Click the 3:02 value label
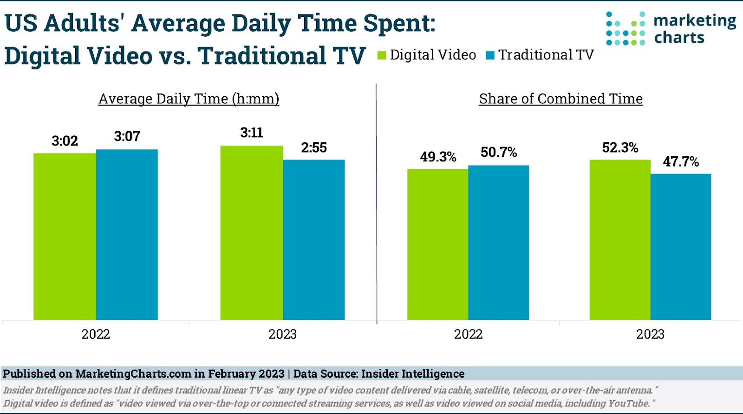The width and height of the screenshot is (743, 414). (x=65, y=141)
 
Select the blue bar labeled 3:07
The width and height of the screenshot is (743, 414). (x=127, y=234)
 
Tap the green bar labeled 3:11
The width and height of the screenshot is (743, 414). (x=251, y=233)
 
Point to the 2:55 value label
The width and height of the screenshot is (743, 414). (x=314, y=148)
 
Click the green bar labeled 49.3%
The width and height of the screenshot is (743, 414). (x=437, y=244)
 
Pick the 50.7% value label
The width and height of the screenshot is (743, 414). (x=499, y=153)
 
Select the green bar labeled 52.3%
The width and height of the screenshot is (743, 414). (x=620, y=240)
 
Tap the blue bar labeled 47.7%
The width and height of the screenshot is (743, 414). (x=681, y=247)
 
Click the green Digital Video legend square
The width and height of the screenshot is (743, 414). (x=382, y=55)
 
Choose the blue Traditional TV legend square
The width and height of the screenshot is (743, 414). (x=490, y=55)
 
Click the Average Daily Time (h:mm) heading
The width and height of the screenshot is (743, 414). (x=189, y=99)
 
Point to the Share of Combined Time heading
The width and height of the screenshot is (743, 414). (x=561, y=99)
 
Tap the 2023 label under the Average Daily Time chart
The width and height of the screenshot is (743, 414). (x=282, y=334)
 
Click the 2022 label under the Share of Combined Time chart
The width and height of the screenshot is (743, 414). (x=468, y=334)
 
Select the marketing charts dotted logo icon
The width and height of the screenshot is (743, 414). (x=626, y=29)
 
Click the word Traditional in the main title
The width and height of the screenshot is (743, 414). (x=262, y=56)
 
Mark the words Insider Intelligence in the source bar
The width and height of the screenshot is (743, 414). (x=413, y=374)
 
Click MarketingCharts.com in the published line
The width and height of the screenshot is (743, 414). (x=133, y=374)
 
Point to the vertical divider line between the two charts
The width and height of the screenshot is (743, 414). (x=376, y=205)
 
